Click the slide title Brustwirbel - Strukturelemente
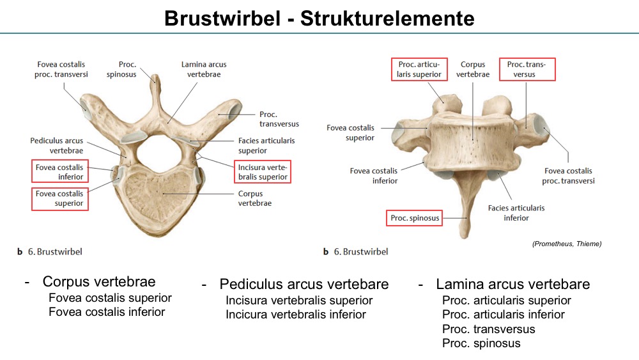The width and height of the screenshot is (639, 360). (x=319, y=19)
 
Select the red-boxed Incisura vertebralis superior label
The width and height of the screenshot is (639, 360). (x=263, y=171)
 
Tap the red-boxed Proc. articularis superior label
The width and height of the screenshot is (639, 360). (x=419, y=69)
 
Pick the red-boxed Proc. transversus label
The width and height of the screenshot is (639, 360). (x=527, y=69)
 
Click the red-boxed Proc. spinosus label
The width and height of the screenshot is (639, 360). (x=415, y=217)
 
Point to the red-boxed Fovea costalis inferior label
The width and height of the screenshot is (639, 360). (x=60, y=171)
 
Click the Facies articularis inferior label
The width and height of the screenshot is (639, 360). (x=516, y=213)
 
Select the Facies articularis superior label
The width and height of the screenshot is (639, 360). (x=266, y=146)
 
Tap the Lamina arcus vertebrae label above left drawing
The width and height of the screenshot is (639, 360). (x=204, y=69)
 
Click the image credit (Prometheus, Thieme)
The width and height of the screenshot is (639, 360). (x=567, y=244)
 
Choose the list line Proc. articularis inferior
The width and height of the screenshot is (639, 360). (x=504, y=315)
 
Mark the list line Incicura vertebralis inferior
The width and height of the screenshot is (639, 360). (x=296, y=315)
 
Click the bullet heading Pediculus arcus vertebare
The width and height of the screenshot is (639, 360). (x=304, y=284)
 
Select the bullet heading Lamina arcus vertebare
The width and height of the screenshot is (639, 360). (x=512, y=284)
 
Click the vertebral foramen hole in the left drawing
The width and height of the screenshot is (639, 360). (x=158, y=153)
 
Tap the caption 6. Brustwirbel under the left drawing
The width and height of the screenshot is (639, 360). (x=55, y=251)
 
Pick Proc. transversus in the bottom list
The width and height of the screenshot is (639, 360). (x=489, y=329)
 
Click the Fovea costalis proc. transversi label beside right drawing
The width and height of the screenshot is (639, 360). (x=568, y=176)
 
